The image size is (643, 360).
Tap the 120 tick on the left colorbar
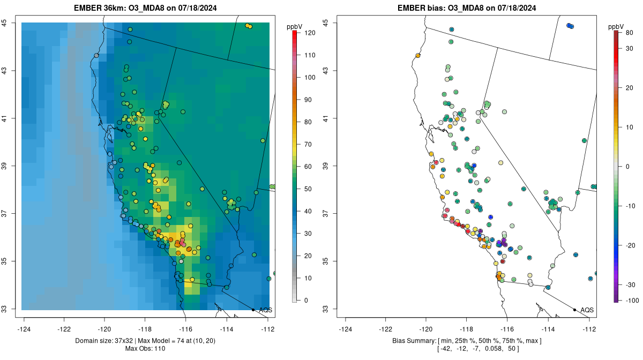[310, 33]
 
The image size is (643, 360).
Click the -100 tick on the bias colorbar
[630, 301]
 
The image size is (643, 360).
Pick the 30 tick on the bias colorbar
[630, 48]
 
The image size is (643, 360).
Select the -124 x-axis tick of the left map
[24, 329]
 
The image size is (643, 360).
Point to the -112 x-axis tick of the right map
[589, 329]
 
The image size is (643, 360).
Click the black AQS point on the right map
[574, 310]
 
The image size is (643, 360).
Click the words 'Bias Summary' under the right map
[407, 341]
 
